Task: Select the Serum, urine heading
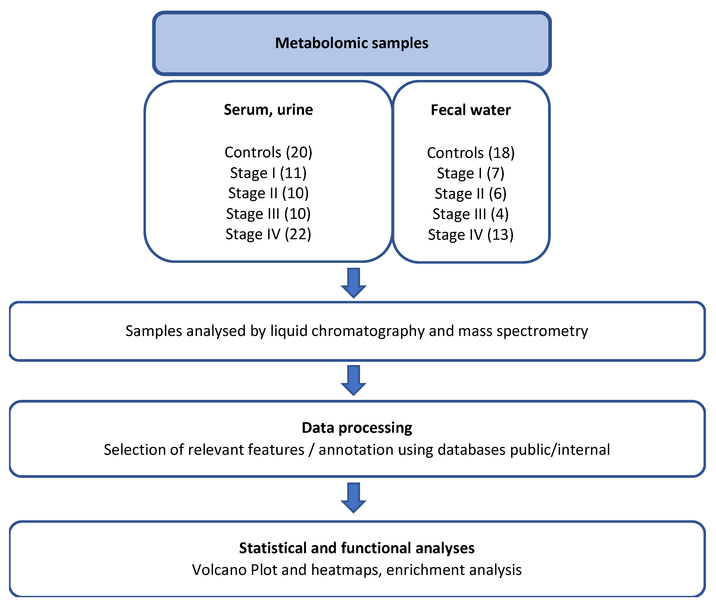click(x=268, y=110)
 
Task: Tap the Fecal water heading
click(x=470, y=110)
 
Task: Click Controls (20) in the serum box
click(x=268, y=152)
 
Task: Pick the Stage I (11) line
click(x=268, y=173)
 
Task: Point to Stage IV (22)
click(x=268, y=234)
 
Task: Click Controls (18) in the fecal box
click(x=470, y=153)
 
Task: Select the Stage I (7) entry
click(x=470, y=173)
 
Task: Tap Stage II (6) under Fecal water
click(x=470, y=193)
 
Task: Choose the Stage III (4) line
click(x=470, y=214)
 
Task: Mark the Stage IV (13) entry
click(x=470, y=235)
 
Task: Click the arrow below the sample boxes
click(x=353, y=282)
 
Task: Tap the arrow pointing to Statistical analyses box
click(x=353, y=497)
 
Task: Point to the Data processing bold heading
click(x=357, y=428)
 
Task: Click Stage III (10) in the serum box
click(x=268, y=214)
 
